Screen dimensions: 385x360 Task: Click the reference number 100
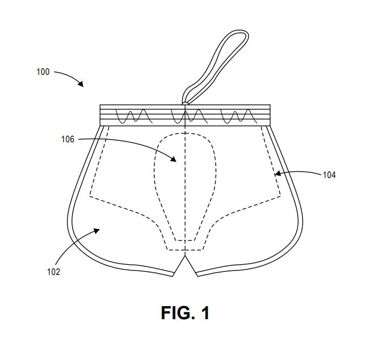pos(43,72)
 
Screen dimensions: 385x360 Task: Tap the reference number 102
pos(53,272)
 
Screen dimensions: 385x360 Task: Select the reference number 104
pos(329,175)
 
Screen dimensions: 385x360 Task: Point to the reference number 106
pos(68,139)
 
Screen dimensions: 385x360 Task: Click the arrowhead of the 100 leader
pos(81,84)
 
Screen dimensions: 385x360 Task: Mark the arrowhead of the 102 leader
pos(96,231)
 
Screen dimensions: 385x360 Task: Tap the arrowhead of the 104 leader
pos(277,173)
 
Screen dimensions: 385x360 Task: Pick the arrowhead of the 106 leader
pos(174,159)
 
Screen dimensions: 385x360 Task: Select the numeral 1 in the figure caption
pos(205,313)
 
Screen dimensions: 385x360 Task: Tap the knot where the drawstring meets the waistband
pos(185,104)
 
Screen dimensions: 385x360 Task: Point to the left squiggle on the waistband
pos(134,116)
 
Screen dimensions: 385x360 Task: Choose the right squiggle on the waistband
pos(239,116)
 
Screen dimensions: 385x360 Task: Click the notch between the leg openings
pos(185,255)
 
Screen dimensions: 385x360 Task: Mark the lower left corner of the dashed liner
pos(90,196)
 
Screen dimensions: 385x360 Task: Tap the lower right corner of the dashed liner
pos(281,196)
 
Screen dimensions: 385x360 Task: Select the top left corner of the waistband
pos(100,105)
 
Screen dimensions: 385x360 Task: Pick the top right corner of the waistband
pos(270,105)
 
